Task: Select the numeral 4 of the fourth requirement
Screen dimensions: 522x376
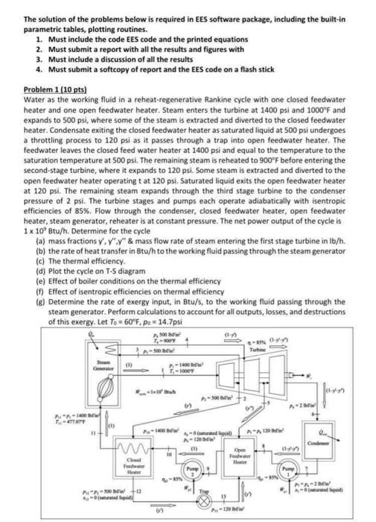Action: pyautogui.click(x=39, y=69)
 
